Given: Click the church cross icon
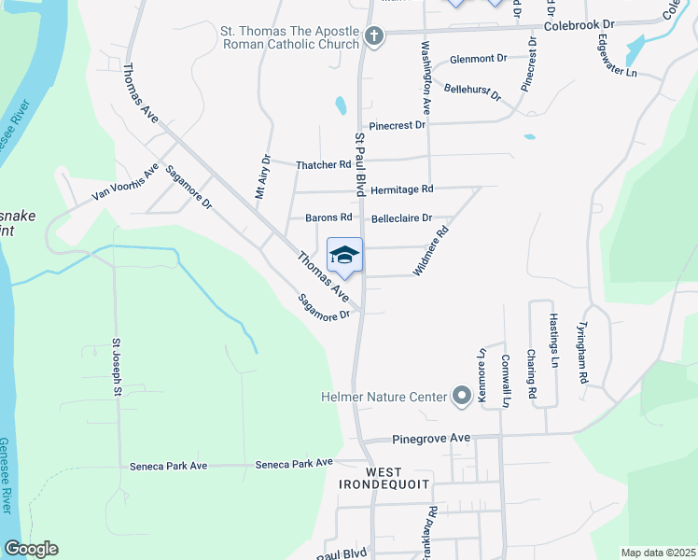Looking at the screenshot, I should coord(373,37).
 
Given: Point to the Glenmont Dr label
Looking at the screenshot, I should coord(478,58).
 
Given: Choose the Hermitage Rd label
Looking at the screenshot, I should coord(402,189).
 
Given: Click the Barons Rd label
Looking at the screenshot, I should coord(328,217).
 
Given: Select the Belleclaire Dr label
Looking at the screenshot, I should coord(403,218).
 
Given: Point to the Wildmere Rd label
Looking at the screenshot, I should coord(430,251).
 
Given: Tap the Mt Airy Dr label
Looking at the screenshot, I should coord(261,178).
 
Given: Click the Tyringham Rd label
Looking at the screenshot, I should coord(582,354).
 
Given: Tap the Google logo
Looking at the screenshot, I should coord(31,549).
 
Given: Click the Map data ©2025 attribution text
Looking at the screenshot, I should coord(657,553).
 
